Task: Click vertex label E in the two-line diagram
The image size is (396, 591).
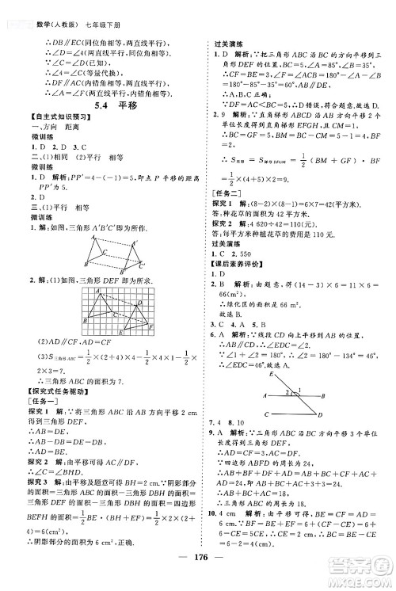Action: (x=270, y=373)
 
